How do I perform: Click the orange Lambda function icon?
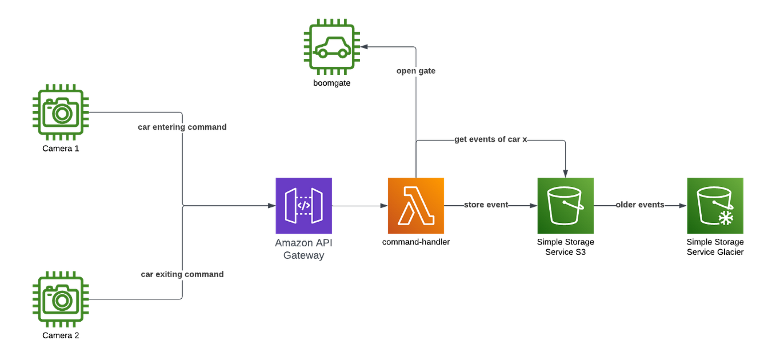[x=416, y=206]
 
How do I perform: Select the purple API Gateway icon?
[x=303, y=206]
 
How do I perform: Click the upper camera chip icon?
[x=60, y=111]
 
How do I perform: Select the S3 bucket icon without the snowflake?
[x=565, y=206]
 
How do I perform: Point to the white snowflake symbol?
[x=725, y=218]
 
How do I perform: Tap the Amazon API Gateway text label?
[x=303, y=250]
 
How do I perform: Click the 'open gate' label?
[x=416, y=72]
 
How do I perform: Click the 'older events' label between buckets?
[x=640, y=205]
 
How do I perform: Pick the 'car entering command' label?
[x=182, y=127]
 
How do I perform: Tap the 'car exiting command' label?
[x=182, y=275]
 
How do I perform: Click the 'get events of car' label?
[x=490, y=139]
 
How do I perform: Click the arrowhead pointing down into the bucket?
[x=565, y=173]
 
